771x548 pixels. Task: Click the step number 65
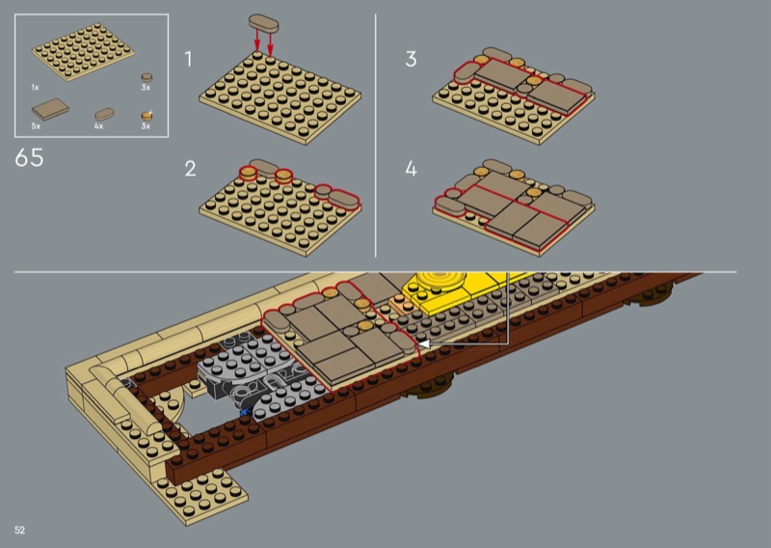click(29, 157)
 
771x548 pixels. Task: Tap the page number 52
click(19, 530)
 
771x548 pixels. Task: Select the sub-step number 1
click(188, 59)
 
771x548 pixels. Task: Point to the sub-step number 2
click(190, 169)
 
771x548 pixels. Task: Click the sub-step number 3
click(412, 59)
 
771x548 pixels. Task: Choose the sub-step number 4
click(412, 169)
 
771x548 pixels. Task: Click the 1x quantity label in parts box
click(35, 88)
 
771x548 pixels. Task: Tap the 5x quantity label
click(36, 126)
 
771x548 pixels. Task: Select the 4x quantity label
click(99, 126)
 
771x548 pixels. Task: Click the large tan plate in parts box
click(83, 51)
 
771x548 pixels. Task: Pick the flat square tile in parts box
click(50, 109)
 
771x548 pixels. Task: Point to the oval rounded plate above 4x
click(104, 115)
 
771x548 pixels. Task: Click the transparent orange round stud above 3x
click(147, 116)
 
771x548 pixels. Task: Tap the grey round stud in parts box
click(146, 78)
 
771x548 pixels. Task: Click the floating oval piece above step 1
click(263, 22)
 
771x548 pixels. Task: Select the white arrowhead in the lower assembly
click(424, 343)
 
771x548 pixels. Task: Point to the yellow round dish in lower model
click(441, 282)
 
